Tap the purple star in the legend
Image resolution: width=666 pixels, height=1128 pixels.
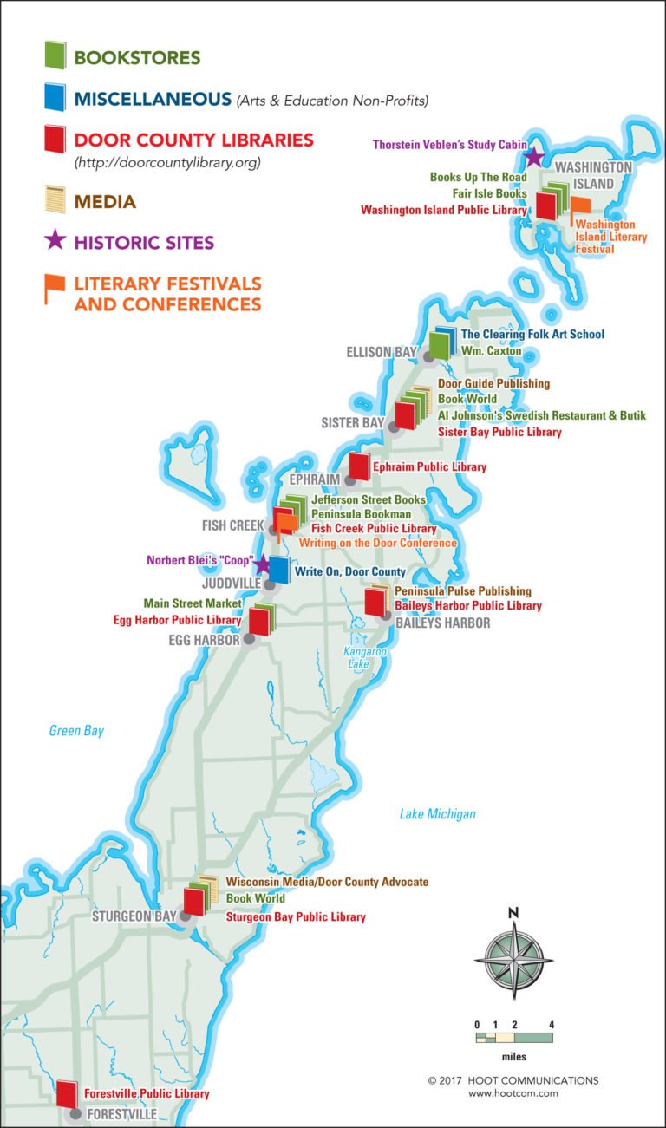55,240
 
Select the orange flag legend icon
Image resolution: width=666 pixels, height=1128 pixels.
55,290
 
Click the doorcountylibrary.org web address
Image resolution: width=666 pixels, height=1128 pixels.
167,161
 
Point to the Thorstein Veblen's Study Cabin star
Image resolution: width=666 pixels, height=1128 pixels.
532,157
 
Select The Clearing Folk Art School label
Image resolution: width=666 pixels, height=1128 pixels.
532,334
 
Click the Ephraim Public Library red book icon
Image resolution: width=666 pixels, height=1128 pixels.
359,466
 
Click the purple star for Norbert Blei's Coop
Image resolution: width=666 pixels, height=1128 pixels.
261,564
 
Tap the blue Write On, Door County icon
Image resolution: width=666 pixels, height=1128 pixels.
278,570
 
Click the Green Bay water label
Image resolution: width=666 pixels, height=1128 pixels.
76,731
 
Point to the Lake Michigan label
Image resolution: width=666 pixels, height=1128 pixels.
437,814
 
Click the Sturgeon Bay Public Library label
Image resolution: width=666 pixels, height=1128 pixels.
296,916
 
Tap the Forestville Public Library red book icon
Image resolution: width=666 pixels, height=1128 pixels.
67,1094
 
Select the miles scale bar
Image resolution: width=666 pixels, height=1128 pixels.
514,1037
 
